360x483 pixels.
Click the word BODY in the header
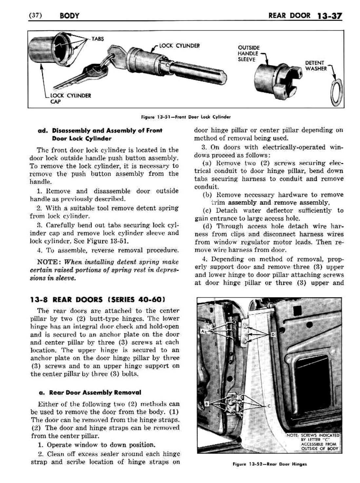pos(70,15)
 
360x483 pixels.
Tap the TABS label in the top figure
pos(97,39)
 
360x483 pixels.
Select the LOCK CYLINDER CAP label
pos(70,98)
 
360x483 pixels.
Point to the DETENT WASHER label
pos(315,66)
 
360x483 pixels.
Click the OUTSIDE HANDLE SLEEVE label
pos(249,53)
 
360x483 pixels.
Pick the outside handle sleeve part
pos(277,77)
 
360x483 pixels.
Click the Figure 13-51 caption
pos(186,117)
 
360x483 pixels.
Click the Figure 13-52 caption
pos(270,464)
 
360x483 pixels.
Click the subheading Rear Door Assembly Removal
pos(95,392)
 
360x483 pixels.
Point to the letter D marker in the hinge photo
pos(272,335)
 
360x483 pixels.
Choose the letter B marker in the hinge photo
pos(206,404)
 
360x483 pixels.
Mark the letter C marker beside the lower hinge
pos(269,406)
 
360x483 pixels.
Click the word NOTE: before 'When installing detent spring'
pos(50,262)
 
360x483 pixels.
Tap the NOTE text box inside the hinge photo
pos(312,442)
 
